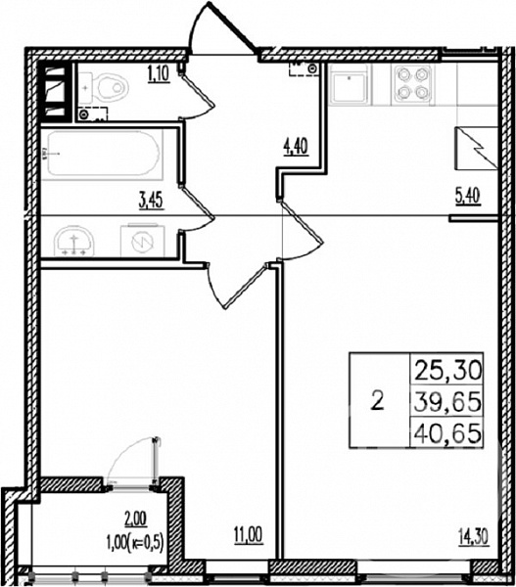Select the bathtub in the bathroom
click(x=102, y=154)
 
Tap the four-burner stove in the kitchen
click(x=412, y=84)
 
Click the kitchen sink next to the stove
click(x=350, y=85)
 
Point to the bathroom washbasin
click(x=73, y=241)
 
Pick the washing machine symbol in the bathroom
click(x=142, y=240)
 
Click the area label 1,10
click(x=159, y=73)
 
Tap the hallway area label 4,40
click(x=296, y=146)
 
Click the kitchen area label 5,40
click(x=468, y=196)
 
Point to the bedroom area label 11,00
click(x=249, y=535)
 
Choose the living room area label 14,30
click(x=473, y=537)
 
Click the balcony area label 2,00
click(x=136, y=519)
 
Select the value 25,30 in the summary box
click(x=447, y=372)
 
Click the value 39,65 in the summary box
click(x=447, y=402)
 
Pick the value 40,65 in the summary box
click(x=447, y=433)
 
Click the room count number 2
click(x=377, y=401)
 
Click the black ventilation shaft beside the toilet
click(x=56, y=93)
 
